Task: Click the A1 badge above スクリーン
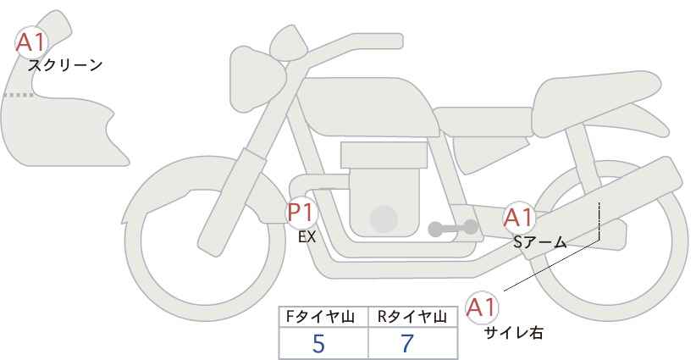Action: tap(32, 42)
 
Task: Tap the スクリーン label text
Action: tap(65, 65)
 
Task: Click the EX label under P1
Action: tap(307, 237)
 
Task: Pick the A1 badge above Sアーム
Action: tap(518, 218)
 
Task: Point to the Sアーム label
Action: tap(539, 242)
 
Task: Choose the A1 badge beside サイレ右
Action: tap(483, 307)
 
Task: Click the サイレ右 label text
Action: tap(513, 333)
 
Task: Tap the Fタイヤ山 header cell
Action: tap(324, 316)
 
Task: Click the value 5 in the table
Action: tap(319, 343)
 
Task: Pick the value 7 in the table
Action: tap(407, 343)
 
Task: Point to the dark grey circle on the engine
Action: tap(384, 219)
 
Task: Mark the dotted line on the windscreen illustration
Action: tap(18, 96)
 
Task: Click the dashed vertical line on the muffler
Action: tap(599, 223)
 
